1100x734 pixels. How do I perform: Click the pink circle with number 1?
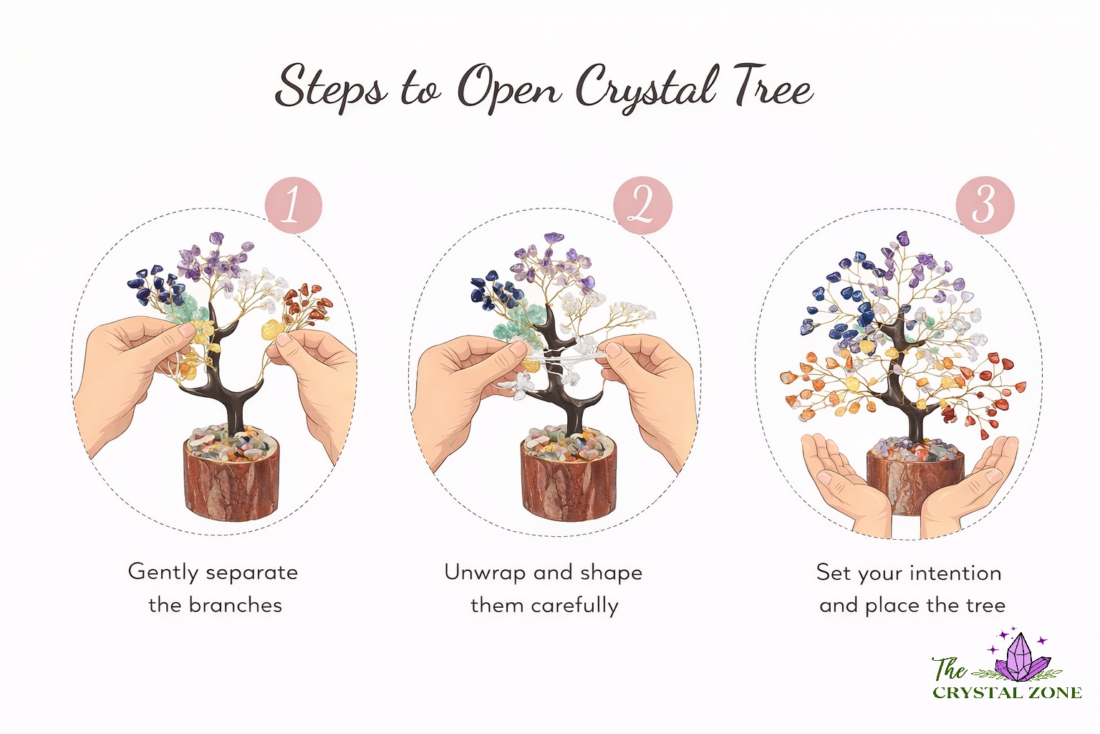293,206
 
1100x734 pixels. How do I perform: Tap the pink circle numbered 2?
642,206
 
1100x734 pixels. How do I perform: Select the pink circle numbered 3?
985,205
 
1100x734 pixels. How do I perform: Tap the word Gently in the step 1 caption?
163,573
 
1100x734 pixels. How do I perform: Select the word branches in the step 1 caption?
236,605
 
